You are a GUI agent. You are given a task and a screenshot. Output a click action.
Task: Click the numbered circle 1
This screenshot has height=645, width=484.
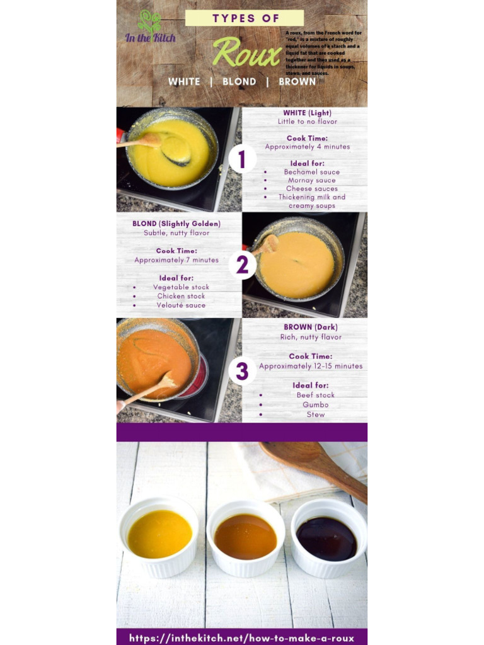242,159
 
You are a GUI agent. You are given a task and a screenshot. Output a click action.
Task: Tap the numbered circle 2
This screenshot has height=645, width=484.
242,265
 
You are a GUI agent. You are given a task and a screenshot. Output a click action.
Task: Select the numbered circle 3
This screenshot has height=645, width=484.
242,371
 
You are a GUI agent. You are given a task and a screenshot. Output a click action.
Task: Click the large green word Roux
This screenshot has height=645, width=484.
246,53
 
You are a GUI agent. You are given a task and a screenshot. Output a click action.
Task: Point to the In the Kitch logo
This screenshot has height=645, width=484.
150,28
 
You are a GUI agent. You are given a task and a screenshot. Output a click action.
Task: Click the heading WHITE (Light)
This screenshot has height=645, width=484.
307,113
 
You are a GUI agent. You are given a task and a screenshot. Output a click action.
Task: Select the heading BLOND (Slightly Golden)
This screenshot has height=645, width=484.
176,224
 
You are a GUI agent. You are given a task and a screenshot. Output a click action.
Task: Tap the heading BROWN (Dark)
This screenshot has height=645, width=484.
311,328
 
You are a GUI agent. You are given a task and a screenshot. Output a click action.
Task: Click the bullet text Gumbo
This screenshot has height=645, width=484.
315,405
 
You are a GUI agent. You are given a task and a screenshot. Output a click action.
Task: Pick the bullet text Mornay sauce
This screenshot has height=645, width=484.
312,180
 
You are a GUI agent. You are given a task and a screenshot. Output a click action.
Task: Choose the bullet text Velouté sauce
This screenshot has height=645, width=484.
181,305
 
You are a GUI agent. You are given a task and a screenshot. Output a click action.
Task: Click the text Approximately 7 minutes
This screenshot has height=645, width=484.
176,260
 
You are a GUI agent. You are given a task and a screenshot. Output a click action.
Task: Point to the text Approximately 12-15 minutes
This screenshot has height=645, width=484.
311,366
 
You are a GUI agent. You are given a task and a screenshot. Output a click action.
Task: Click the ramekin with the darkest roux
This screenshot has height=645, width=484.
328,538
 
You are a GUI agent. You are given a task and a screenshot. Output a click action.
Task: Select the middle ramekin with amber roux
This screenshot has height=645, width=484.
245,537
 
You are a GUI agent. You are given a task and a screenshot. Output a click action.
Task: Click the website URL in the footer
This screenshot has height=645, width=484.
241,637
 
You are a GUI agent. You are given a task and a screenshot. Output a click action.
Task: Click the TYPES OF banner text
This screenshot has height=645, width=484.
245,18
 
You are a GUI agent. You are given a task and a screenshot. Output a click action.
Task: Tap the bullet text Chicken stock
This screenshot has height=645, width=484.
181,296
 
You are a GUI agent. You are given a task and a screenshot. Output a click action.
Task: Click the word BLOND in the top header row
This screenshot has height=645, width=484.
239,82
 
